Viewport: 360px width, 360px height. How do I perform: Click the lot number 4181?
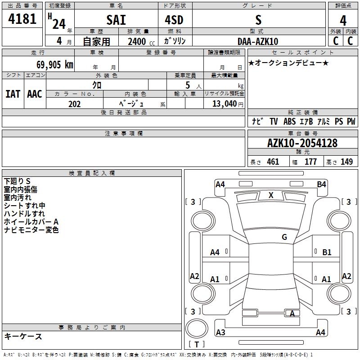click(22, 19)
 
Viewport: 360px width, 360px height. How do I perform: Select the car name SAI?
click(116, 20)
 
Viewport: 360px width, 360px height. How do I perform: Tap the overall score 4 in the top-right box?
click(343, 21)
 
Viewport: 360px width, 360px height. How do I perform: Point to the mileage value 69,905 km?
click(55, 65)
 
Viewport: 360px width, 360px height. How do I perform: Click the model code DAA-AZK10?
click(258, 41)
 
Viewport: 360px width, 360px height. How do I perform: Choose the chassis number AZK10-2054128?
click(302, 143)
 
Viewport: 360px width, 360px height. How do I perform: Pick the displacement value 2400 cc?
click(141, 41)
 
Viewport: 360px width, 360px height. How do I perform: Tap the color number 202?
click(74, 104)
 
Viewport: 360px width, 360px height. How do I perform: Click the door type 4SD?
click(174, 20)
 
